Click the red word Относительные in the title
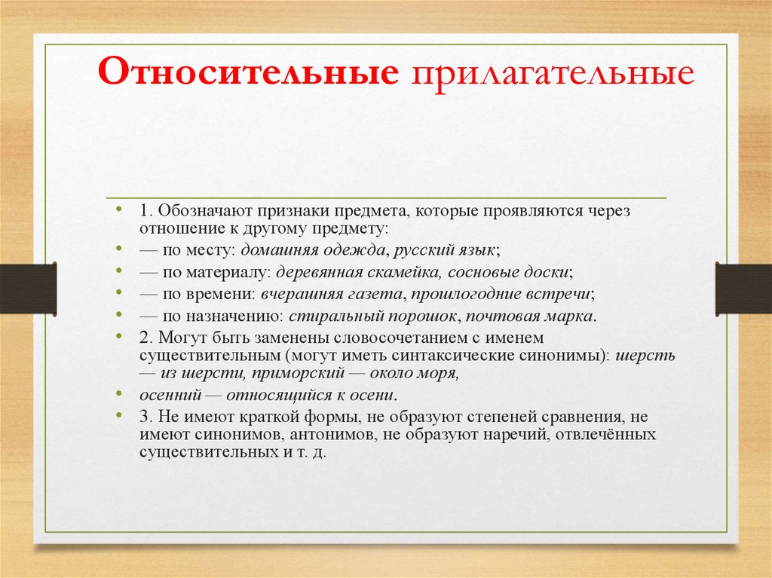248,75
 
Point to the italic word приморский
307,372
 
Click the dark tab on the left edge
28,288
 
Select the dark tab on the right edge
743,288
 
